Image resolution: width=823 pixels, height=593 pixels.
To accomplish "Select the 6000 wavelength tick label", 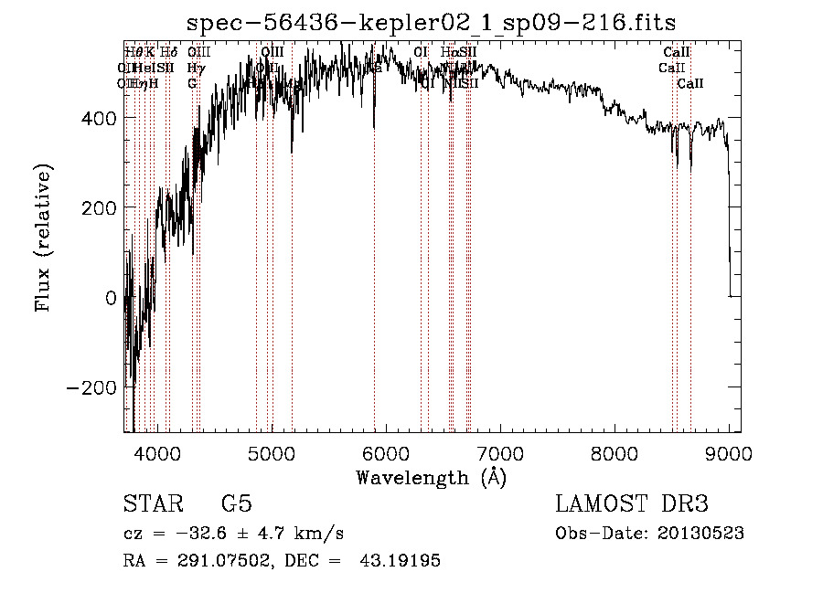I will [x=385, y=451].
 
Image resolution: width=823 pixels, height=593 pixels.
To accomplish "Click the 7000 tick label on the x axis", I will [x=500, y=451].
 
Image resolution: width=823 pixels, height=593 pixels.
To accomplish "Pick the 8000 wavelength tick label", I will [x=615, y=451].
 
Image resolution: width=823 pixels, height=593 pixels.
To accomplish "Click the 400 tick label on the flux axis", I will [x=99, y=118].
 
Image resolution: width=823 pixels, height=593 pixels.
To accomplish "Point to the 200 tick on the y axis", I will [x=99, y=207].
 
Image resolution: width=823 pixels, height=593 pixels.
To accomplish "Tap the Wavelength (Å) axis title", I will [x=431, y=477].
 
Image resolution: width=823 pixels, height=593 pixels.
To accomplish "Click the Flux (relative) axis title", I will [x=43, y=238].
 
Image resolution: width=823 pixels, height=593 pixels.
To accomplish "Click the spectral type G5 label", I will [x=236, y=504].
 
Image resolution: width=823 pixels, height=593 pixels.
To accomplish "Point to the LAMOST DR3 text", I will [x=632, y=504].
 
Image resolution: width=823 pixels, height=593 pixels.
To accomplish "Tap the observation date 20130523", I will [x=701, y=534].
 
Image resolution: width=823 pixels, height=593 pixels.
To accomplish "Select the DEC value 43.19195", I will [x=403, y=561].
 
